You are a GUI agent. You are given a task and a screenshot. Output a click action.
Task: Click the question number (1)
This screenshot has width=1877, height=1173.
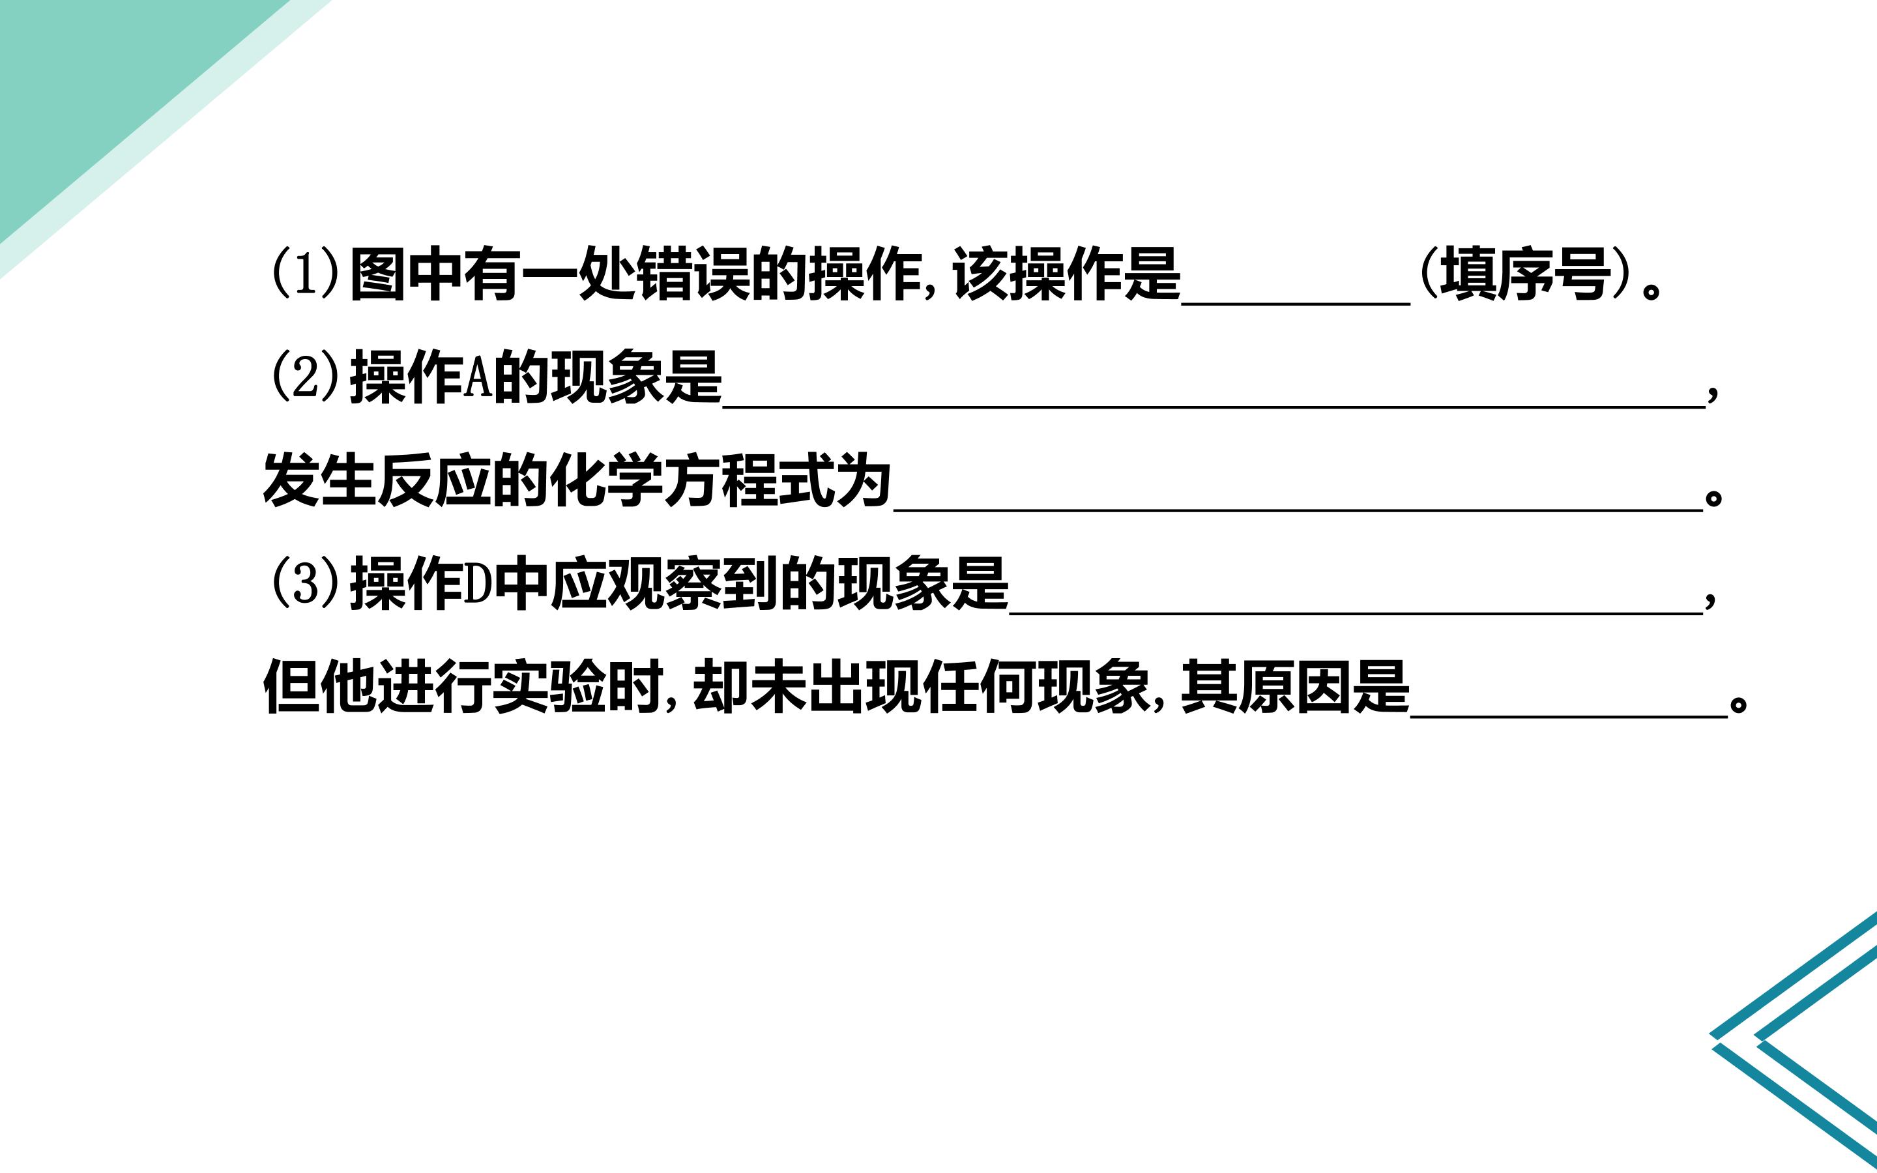305,274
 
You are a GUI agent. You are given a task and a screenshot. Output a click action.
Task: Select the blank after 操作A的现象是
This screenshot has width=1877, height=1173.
1214,407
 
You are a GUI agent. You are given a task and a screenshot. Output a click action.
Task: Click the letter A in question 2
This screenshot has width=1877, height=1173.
478,377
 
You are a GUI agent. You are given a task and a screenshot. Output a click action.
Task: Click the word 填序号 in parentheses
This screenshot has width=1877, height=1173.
1525,274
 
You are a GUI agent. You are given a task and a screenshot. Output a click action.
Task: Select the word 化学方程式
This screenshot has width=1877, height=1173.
693,480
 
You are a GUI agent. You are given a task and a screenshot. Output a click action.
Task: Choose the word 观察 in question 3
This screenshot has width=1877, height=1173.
664,583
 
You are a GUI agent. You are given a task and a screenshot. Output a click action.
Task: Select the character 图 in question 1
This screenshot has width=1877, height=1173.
379,274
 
